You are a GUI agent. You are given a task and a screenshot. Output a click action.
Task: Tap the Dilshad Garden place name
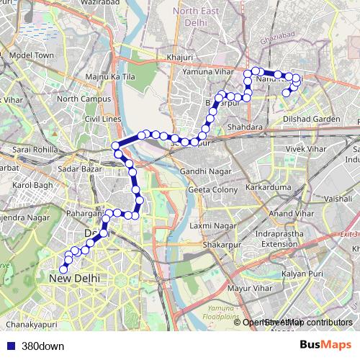[311, 119]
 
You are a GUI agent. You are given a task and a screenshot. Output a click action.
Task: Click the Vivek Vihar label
[307, 148]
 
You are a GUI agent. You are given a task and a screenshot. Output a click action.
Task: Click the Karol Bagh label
[33, 185]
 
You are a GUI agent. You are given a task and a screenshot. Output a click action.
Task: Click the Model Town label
[32, 55]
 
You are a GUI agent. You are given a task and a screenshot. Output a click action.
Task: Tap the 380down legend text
[42, 346]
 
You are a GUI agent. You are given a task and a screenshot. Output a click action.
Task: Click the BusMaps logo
[325, 345]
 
